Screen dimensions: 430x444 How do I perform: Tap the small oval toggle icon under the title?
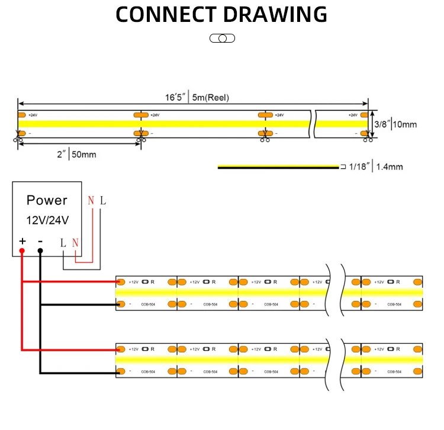click(x=222, y=38)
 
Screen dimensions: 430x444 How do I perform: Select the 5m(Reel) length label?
click(x=210, y=97)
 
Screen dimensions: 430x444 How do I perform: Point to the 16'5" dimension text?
click(x=176, y=97)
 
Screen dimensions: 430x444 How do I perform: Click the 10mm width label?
click(x=406, y=124)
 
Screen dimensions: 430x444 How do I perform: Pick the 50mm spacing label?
click(x=83, y=155)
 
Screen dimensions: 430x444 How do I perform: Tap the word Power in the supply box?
click(x=47, y=200)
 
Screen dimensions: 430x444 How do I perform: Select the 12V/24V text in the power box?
click(x=47, y=220)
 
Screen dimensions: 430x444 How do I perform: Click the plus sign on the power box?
click(x=22, y=241)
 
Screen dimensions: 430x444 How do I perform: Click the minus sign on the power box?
click(x=40, y=241)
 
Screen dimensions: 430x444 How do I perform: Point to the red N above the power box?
click(x=91, y=201)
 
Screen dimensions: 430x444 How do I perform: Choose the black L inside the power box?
click(x=63, y=242)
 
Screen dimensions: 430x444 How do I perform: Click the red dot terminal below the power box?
click(x=22, y=251)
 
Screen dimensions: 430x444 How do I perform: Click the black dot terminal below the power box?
click(x=40, y=251)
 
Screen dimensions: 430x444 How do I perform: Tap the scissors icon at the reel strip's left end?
click(x=16, y=140)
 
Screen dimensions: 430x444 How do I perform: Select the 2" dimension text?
click(x=60, y=155)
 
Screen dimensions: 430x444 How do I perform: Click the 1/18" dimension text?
click(x=359, y=167)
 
